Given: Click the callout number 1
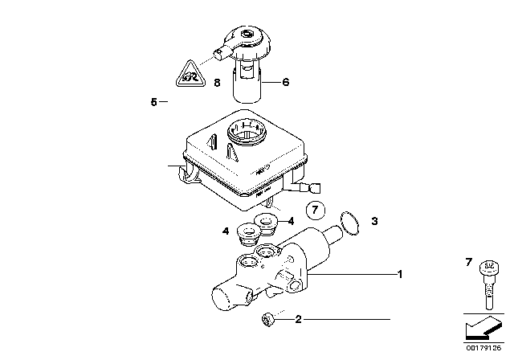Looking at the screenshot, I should click(399, 275).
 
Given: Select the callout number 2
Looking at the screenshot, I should click(299, 320).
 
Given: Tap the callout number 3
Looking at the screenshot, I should click(373, 219).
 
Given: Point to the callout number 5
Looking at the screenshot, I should click(153, 102).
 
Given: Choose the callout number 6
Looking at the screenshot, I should click(284, 82).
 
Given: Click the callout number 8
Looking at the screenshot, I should click(216, 83).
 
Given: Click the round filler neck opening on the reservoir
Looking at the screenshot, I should click(247, 129).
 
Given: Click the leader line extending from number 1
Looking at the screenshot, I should click(353, 275).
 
